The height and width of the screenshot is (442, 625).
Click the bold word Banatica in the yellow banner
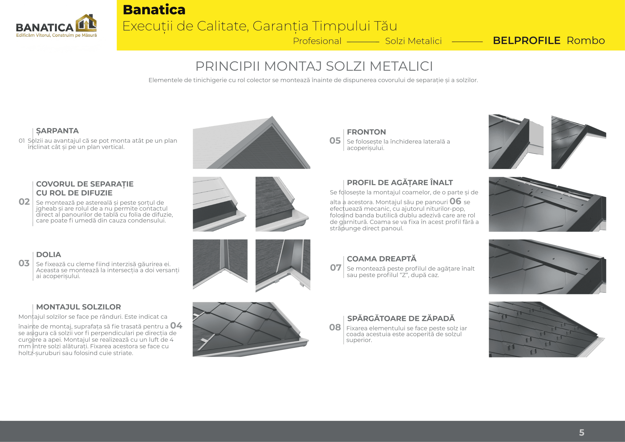click(x=154, y=10)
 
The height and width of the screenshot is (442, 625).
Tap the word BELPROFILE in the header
click(x=526, y=41)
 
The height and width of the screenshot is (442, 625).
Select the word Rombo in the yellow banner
click(x=586, y=41)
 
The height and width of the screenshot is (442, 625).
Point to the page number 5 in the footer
click(x=582, y=432)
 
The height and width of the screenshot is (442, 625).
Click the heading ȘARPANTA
click(x=57, y=131)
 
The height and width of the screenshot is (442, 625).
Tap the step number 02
click(x=24, y=202)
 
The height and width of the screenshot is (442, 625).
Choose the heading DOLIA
click(x=49, y=255)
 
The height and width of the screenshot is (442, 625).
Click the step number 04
click(x=176, y=326)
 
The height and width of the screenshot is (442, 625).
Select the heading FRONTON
click(x=366, y=132)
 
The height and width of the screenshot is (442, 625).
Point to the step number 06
click(x=455, y=201)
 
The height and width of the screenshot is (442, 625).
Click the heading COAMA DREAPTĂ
click(x=382, y=259)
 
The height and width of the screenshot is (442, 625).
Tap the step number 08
click(x=335, y=327)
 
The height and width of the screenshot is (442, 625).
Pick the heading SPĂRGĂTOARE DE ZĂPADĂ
click(x=401, y=319)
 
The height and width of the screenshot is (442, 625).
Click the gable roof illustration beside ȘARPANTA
click(x=251, y=143)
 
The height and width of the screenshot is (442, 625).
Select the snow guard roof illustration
click(x=547, y=329)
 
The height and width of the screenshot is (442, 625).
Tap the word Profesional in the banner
click(x=317, y=41)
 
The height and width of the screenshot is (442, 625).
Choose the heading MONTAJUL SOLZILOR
click(x=79, y=307)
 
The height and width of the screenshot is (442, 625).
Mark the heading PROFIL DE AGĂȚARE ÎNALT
click(x=400, y=183)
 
